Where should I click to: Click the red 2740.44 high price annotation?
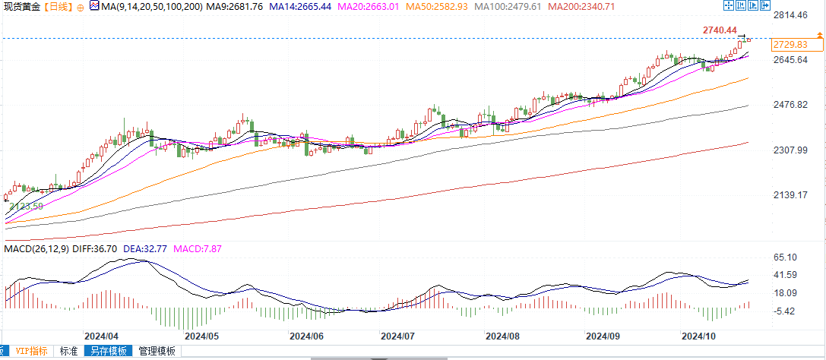720,30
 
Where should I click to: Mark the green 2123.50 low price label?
26,206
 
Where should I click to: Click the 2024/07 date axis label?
397,336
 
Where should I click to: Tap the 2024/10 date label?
698,336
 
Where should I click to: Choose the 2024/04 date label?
101,336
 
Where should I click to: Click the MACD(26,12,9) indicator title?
35,249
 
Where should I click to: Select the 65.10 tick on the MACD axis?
786,258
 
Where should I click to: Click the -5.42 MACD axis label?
786,311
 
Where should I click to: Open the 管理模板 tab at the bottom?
157,352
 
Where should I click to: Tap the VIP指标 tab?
33,352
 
